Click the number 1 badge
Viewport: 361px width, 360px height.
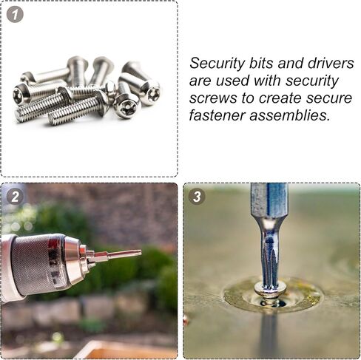pos(15,14)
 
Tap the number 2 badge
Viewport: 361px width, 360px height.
pos(15,197)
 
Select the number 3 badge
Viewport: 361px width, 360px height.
pos(197,197)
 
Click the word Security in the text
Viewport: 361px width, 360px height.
pos(217,64)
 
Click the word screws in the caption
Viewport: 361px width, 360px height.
pos(214,98)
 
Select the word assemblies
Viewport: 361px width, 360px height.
pos(290,115)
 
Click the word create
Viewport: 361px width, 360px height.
pos(280,98)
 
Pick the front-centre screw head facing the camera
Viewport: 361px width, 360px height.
pos(126,106)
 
